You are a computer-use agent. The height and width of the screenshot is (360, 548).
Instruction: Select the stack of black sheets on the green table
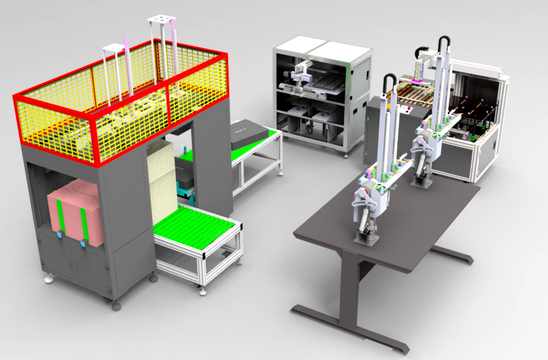point(248,133)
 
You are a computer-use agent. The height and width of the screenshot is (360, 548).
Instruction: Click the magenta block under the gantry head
point(417,80)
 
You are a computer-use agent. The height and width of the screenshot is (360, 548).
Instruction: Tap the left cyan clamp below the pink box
point(60,235)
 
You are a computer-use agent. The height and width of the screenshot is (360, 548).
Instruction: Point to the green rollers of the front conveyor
point(197,227)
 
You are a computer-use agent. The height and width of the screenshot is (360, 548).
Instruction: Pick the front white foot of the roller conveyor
point(202,292)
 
